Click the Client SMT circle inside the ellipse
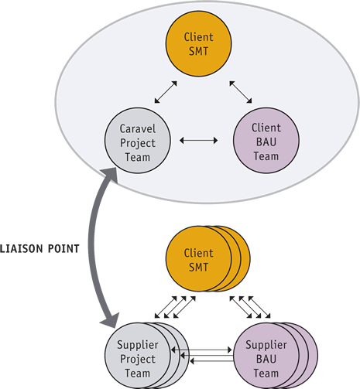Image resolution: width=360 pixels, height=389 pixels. [x=198, y=43]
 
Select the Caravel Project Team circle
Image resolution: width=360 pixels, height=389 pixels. [x=138, y=141]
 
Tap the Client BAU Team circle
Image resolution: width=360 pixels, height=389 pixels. [x=266, y=141]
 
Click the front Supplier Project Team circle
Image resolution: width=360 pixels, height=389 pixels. [x=138, y=356]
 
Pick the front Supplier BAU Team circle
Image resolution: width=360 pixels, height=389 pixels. [x=266, y=356]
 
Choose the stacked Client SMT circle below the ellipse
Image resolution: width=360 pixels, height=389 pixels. [x=198, y=259]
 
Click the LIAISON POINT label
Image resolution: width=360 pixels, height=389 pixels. [x=39, y=249]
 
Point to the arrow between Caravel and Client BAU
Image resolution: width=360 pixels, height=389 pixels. [x=198, y=141]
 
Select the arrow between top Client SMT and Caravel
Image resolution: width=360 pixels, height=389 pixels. [x=166, y=92]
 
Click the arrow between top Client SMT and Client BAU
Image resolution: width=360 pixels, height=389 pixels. [x=241, y=92]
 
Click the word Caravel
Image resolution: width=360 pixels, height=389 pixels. [x=138, y=128]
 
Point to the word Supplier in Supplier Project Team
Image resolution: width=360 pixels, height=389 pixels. [x=138, y=345]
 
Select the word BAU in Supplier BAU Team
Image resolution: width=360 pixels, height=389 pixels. [x=266, y=359]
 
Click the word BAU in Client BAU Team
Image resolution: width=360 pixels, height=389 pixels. [x=266, y=142]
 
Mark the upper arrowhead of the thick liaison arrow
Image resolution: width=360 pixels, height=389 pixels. [x=110, y=175]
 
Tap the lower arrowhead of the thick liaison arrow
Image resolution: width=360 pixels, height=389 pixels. [x=111, y=319]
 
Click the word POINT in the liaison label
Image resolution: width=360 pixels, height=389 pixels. [x=63, y=249]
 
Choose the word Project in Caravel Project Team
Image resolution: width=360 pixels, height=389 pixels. [x=138, y=143]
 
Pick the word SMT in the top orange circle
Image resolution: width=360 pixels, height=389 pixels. [x=198, y=51]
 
